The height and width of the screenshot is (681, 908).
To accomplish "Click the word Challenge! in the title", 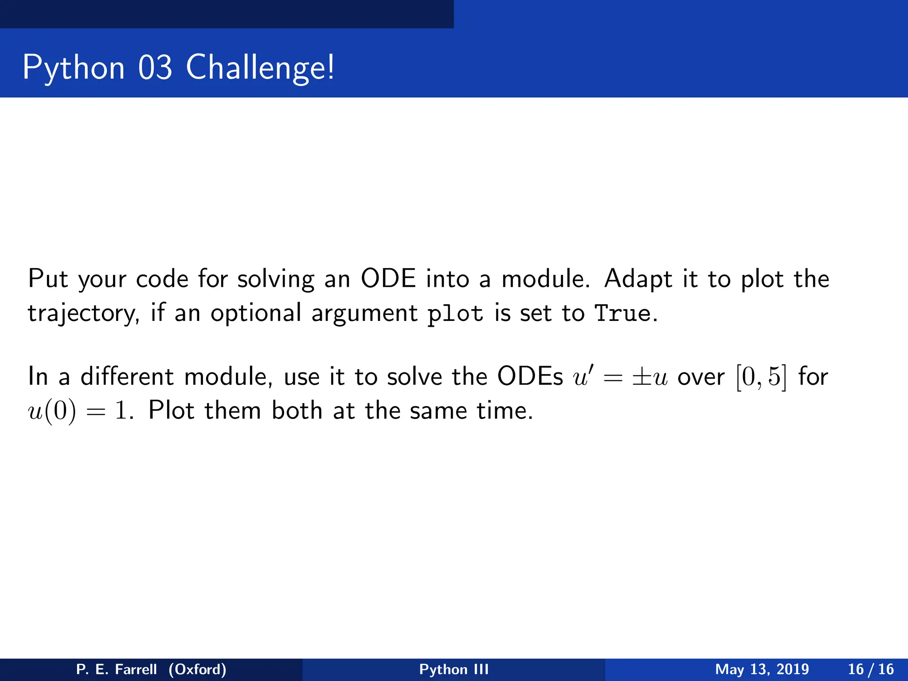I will point(260,68).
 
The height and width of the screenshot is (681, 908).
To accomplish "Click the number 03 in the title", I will point(155,68).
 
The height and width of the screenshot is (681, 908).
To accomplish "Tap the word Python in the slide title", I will point(74,68).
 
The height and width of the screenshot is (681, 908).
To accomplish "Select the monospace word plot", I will point(455,314).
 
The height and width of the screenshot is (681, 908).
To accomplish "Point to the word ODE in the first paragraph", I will point(388,279).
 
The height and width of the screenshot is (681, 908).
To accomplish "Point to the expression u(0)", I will point(52,411).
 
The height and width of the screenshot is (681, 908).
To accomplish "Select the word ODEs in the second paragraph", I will point(530,376).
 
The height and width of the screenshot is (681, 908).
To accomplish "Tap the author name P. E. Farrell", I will point(117,669).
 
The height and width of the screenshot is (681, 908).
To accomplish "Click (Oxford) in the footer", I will point(197,669).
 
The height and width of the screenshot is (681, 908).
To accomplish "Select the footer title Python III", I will point(454,669).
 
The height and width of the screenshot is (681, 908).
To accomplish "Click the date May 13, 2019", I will point(762,669).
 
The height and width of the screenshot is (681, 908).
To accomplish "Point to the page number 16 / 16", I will point(871,669).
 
